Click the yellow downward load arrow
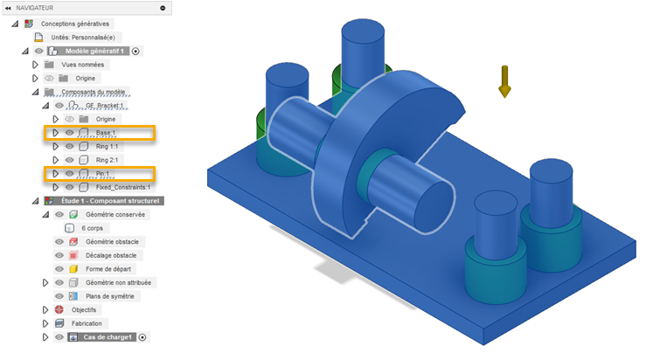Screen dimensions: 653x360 coord(504,81)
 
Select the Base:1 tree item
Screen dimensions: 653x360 coord(106,133)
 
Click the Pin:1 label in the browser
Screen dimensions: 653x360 coord(102,174)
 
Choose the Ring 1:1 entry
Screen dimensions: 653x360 coord(107,147)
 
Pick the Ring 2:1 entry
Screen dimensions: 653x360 coord(107,160)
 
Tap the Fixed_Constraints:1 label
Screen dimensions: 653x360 coord(123,187)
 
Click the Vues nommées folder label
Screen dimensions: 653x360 coord(83,65)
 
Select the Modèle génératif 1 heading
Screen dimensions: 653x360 coord(94,52)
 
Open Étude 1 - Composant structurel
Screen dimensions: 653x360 coord(110,201)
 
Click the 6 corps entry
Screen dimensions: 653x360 coord(92,228)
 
